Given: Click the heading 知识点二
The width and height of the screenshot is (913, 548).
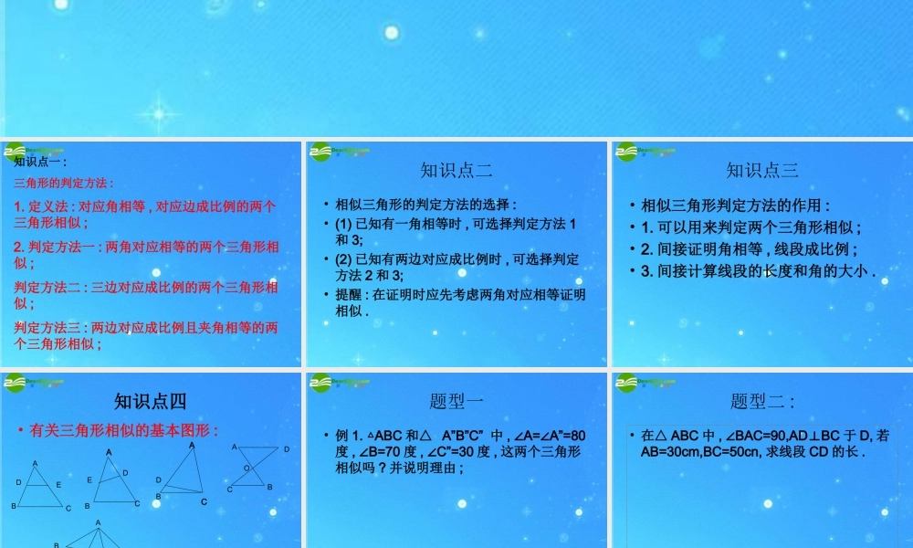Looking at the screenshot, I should coord(456,170).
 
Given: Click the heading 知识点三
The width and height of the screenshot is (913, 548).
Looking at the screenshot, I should coord(762,170).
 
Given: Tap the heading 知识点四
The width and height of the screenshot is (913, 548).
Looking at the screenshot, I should coord(151,401).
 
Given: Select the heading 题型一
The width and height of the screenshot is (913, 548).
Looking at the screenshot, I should coord(456,401).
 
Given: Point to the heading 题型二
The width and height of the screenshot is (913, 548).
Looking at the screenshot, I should coord(762,401).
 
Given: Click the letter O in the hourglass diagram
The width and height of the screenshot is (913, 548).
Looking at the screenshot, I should coord(245,468).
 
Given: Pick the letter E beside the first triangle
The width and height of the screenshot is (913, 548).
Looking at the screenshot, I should coord(58,484).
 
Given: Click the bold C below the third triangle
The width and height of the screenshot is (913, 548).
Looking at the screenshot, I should coord(204,501).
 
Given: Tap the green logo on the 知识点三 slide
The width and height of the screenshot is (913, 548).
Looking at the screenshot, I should coord(628,152).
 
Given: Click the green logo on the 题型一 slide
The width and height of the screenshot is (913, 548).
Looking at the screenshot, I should coord(322,383).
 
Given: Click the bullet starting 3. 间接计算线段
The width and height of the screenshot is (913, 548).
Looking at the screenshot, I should coord(758,270).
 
